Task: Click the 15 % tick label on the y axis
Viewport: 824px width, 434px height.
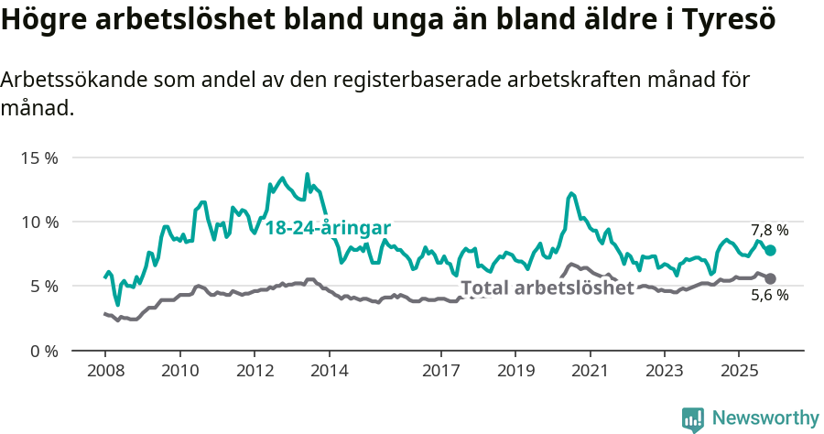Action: pyautogui.click(x=38, y=157)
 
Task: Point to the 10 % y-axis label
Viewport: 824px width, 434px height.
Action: pyautogui.click(x=38, y=222)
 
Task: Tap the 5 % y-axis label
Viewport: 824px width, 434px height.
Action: pyautogui.click(x=42, y=286)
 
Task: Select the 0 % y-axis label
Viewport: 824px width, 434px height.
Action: pyautogui.click(x=42, y=351)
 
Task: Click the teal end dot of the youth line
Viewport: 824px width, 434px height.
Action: pyautogui.click(x=770, y=250)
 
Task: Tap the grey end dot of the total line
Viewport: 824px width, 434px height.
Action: pyautogui.click(x=770, y=278)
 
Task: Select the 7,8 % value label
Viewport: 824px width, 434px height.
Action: pyautogui.click(x=769, y=230)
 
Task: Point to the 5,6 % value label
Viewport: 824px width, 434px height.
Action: pyautogui.click(x=769, y=296)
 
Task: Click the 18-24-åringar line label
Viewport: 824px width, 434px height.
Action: pyautogui.click(x=329, y=228)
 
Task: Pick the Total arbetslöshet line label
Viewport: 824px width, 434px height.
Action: pyautogui.click(x=548, y=288)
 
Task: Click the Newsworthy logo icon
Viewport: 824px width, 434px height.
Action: pyautogui.click(x=693, y=418)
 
